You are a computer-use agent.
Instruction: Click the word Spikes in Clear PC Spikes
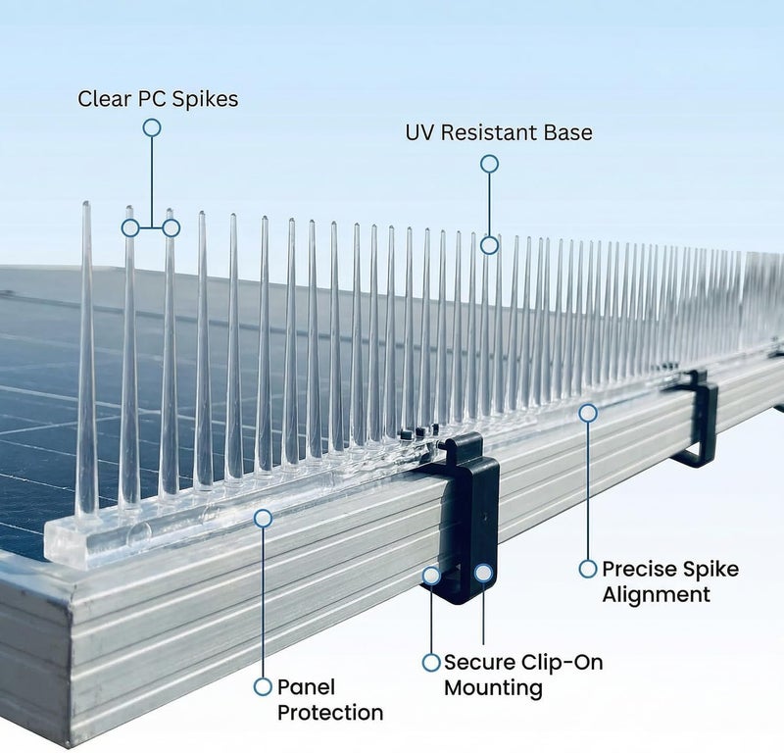coord(205,99)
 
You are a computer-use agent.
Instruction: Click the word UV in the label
coord(420,133)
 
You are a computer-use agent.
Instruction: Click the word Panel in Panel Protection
coord(306,687)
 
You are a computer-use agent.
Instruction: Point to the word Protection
coord(330,713)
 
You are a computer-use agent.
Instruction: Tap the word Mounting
coord(493,688)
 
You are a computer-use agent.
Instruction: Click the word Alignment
coord(656,595)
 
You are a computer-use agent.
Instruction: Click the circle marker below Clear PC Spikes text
coord(152,127)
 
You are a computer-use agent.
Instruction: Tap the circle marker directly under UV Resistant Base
coord(489,164)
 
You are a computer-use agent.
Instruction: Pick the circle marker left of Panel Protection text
coord(263,687)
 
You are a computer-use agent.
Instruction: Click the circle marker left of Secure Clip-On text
coord(431,663)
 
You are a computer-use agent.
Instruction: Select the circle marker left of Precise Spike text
coord(588,569)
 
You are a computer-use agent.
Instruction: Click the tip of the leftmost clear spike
coord(86,203)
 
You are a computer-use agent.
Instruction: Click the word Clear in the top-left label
coord(103,99)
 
